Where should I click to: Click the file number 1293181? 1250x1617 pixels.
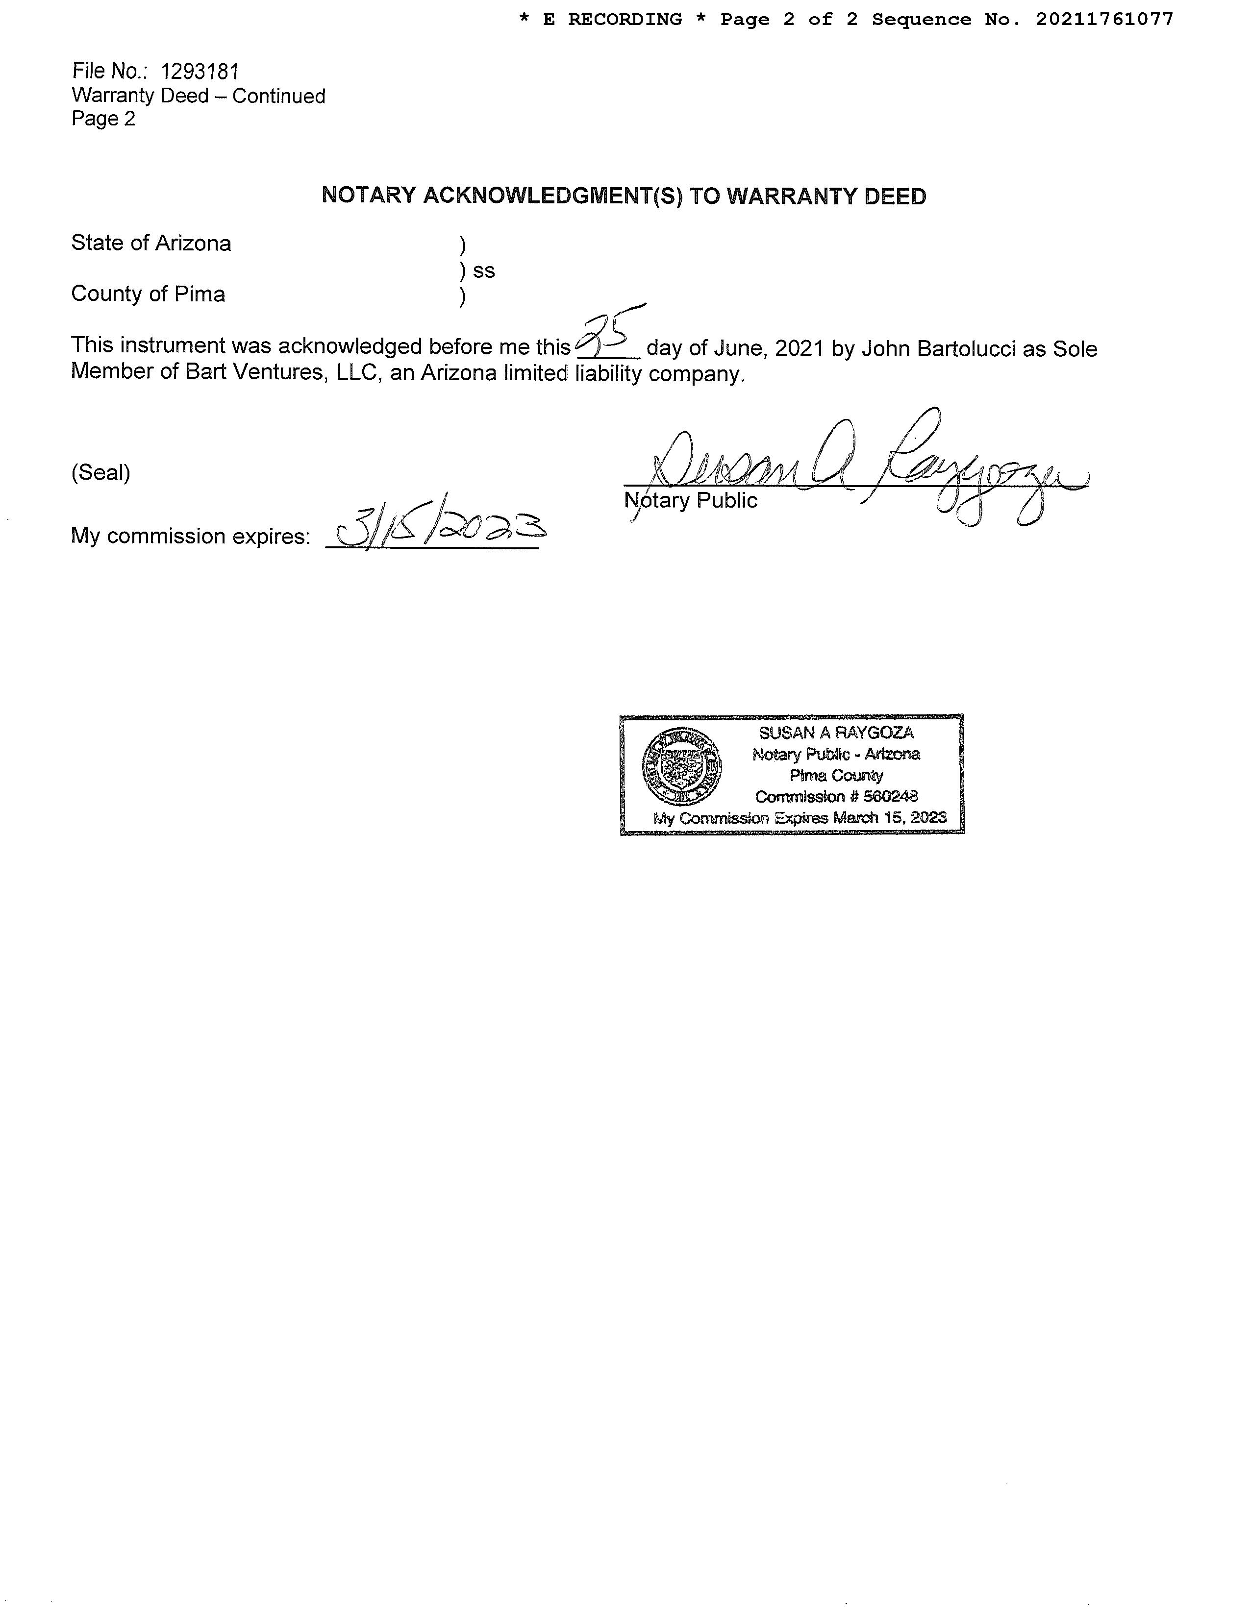coord(200,72)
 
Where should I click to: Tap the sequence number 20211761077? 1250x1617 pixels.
coord(1104,19)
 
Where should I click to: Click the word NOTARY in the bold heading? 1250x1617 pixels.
coord(369,196)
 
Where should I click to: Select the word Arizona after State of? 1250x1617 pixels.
coord(198,244)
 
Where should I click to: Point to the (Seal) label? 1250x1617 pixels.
coord(100,472)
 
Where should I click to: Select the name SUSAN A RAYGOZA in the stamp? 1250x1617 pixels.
coord(836,733)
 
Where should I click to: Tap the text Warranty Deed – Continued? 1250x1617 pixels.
coord(199,96)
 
